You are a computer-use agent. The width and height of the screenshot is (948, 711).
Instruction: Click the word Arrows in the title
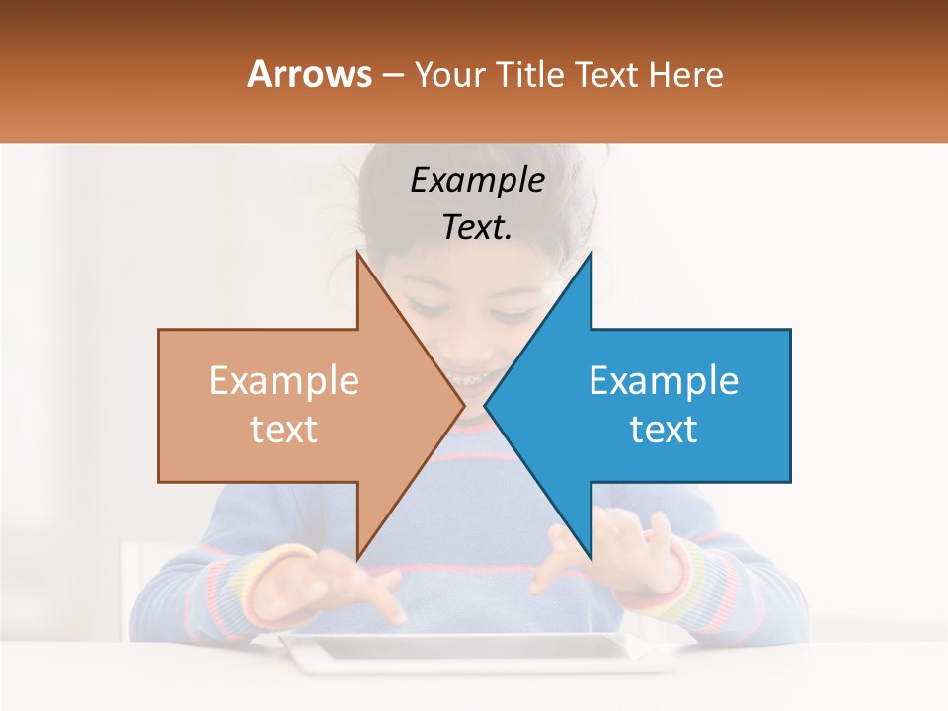[309, 74]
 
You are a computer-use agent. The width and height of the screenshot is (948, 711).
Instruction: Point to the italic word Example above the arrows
[477, 180]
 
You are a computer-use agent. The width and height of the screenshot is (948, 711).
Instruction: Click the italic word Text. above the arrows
[477, 228]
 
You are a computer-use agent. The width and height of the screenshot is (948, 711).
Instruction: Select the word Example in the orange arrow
[284, 381]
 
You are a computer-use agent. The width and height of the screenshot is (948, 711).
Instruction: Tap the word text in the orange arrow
[284, 430]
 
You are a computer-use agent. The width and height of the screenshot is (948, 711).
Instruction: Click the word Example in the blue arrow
[664, 381]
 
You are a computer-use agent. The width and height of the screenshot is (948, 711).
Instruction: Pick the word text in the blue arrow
[664, 430]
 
